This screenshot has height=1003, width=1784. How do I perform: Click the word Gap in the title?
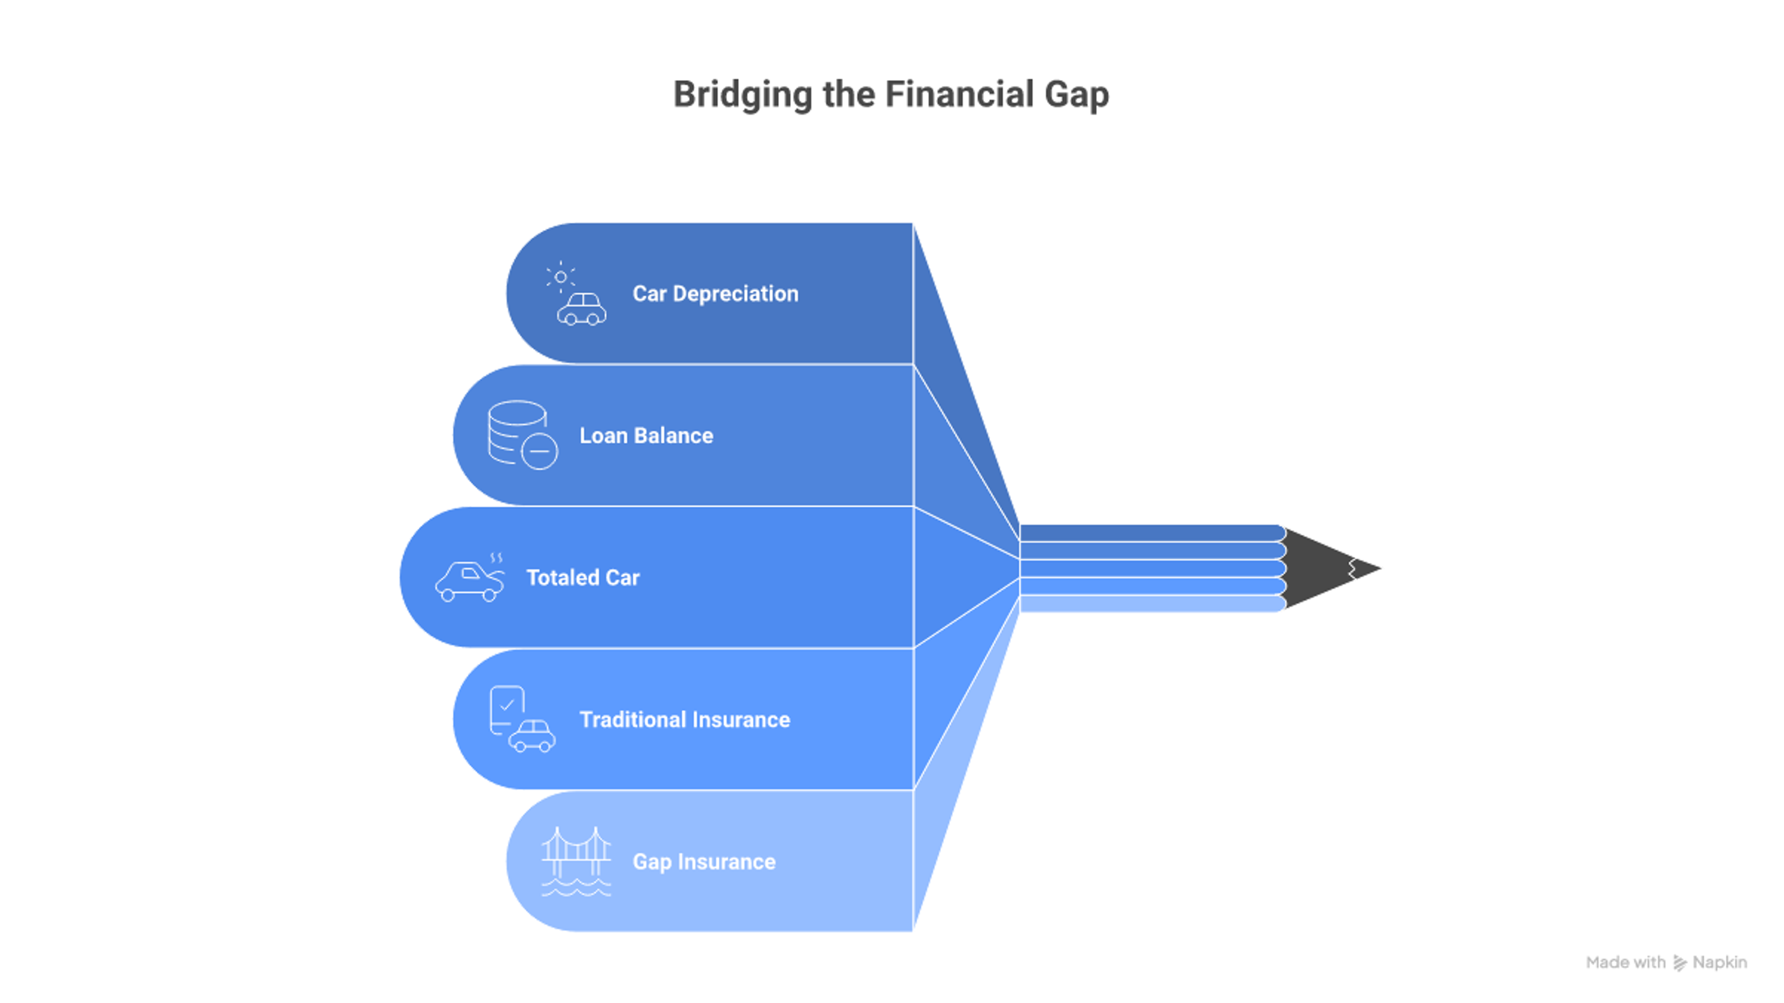[1077, 95]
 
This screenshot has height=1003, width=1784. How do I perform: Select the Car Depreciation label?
[715, 294]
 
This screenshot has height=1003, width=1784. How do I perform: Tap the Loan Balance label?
[646, 436]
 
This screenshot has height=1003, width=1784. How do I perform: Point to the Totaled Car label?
[583, 578]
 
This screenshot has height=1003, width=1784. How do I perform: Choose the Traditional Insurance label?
[685, 719]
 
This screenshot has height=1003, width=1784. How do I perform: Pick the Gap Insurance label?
[704, 862]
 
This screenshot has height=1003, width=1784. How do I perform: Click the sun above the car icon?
[560, 277]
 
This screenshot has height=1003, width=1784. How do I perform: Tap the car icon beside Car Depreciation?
[582, 309]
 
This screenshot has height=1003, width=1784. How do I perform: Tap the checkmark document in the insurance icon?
[507, 709]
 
